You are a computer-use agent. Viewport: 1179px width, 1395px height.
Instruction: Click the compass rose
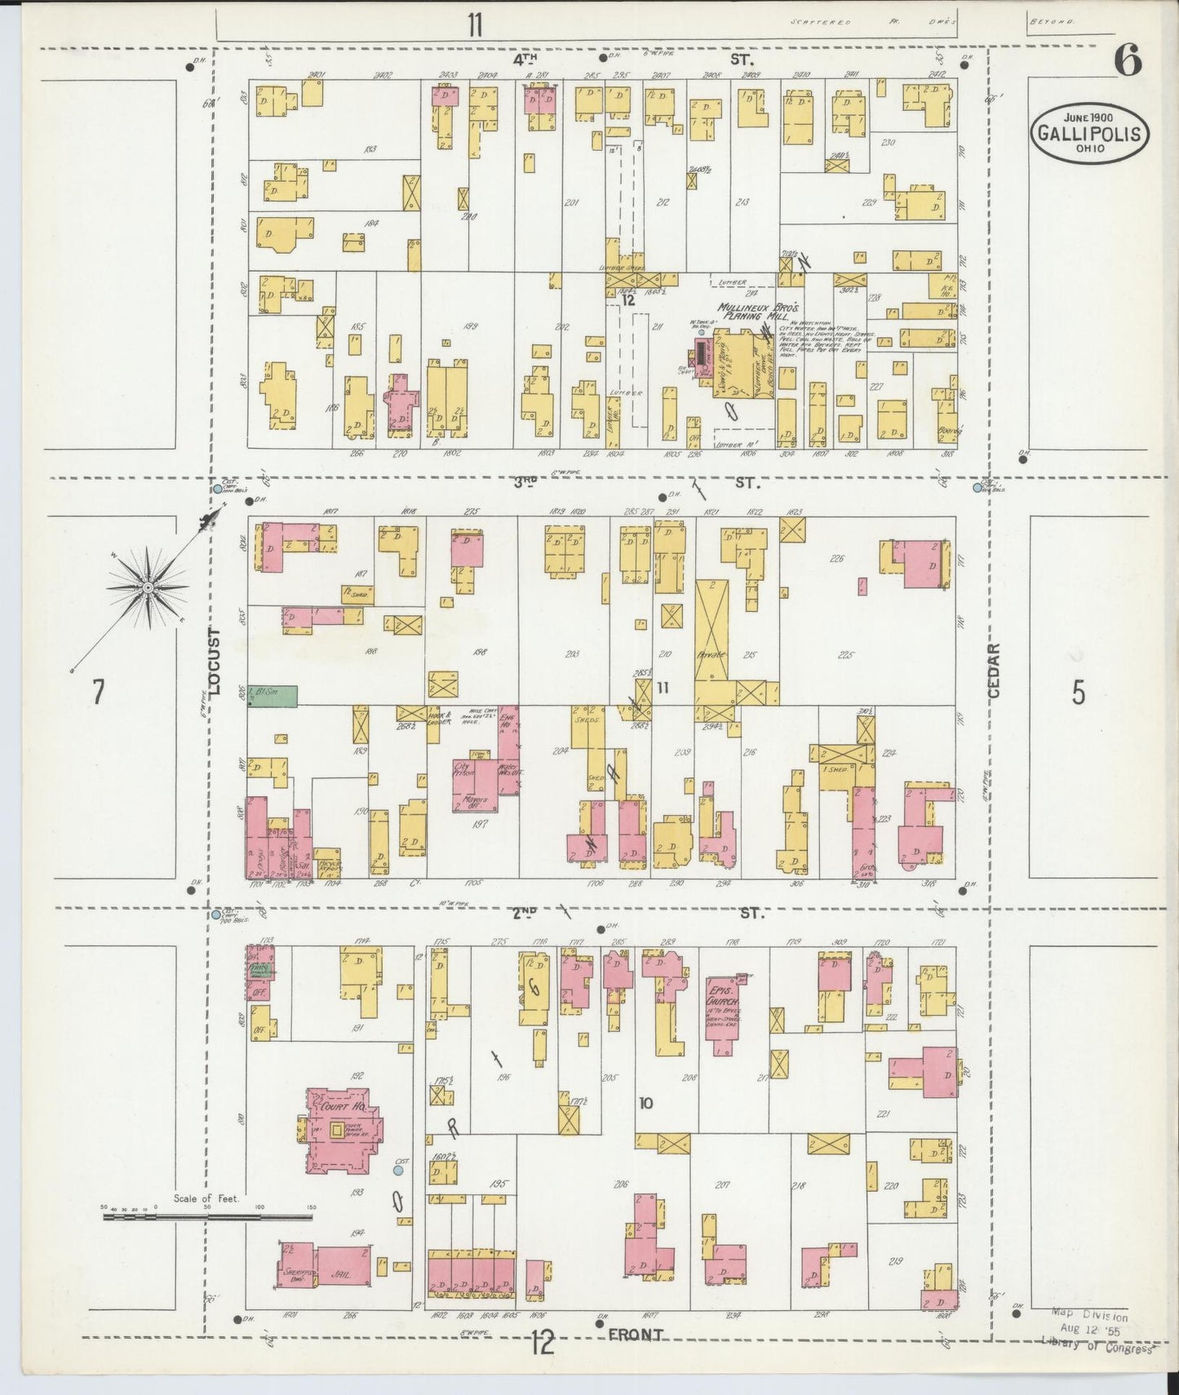[148, 587]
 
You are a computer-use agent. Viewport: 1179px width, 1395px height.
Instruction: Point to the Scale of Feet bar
[207, 1216]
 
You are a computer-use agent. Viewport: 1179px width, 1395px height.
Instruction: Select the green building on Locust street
[273, 695]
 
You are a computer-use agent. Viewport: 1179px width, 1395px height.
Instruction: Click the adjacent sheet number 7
[98, 693]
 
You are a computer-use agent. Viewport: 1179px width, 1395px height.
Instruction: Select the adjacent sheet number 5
[1079, 693]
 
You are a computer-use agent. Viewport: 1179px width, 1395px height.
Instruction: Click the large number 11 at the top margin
[475, 25]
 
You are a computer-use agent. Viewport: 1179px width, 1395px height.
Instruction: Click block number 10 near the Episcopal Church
[645, 1104]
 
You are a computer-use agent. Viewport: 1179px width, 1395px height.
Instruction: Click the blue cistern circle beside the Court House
[398, 1170]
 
